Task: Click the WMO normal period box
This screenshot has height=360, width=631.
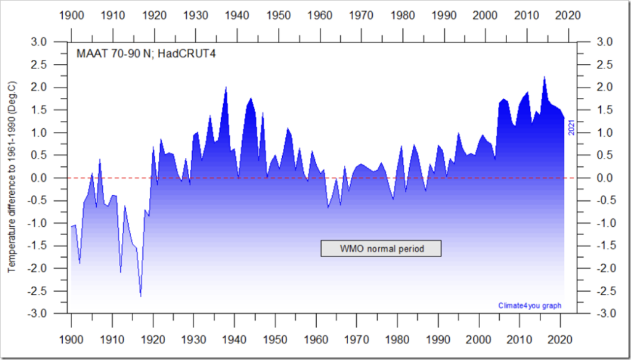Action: [381, 248]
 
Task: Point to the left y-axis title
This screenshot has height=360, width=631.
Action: [12, 178]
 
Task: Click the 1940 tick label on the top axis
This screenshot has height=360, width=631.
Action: [234, 14]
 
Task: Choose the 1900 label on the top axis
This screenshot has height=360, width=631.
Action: [71, 14]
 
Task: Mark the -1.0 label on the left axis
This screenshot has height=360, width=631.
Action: [50, 223]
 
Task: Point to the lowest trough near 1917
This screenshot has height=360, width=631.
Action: [140, 297]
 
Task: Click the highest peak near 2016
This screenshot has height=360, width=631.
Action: [545, 77]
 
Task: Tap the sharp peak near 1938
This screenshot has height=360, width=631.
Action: [226, 88]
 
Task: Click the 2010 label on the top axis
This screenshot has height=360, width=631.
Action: [519, 14]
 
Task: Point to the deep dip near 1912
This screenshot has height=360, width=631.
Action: [121, 272]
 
